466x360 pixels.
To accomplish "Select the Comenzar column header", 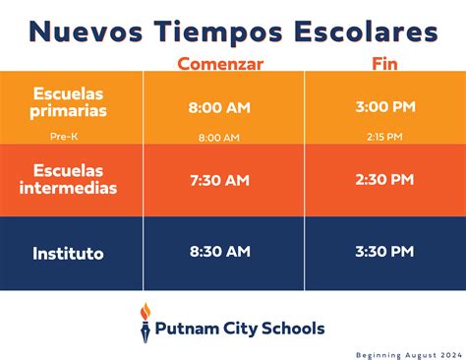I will (x=220, y=63).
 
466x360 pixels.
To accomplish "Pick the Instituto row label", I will (x=68, y=253).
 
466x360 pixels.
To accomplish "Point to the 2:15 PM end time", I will (x=384, y=138).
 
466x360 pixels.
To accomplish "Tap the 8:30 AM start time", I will (x=219, y=252).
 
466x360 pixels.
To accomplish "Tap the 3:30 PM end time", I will (x=385, y=252).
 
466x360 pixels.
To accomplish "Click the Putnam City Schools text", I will (x=241, y=328).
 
